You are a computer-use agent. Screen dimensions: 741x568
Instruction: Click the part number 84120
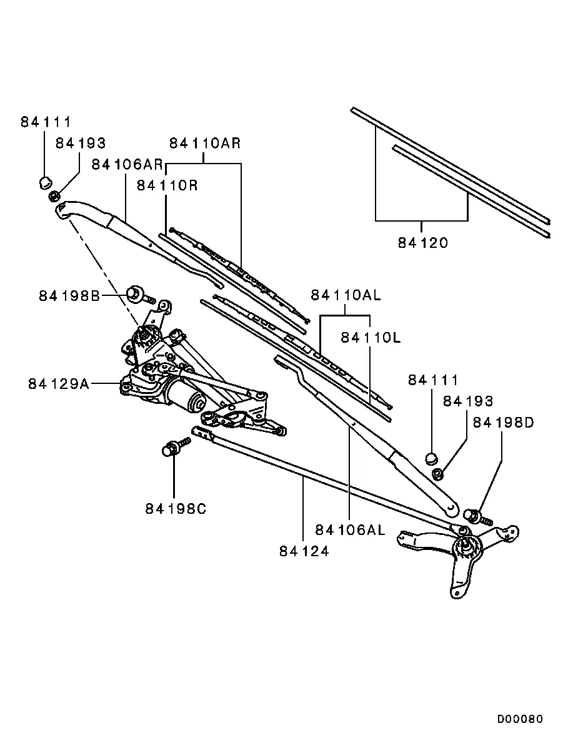tap(423, 242)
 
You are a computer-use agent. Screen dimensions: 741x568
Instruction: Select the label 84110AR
tap(205, 143)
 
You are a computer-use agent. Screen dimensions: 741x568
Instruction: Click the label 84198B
tap(69, 295)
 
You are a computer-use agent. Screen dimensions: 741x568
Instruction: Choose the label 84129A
tap(58, 383)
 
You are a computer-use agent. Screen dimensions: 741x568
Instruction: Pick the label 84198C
tap(176, 509)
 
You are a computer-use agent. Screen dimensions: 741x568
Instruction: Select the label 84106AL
tap(350, 530)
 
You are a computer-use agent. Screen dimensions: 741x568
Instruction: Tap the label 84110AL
tap(346, 295)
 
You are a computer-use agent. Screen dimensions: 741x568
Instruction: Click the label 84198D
tap(503, 423)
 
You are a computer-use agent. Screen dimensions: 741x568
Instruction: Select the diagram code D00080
tap(520, 719)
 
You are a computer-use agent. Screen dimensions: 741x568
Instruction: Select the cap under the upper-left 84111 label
tap(44, 183)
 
